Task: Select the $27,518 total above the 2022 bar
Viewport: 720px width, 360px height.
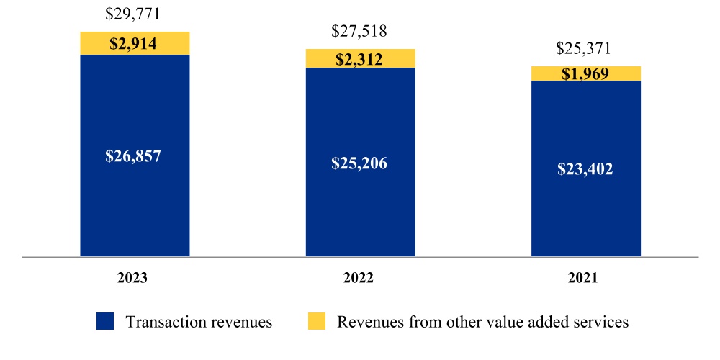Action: [360, 32]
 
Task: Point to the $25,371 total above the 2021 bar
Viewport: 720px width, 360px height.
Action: [585, 49]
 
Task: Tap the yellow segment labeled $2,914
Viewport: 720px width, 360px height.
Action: [135, 43]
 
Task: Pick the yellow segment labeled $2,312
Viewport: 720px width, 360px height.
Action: [360, 59]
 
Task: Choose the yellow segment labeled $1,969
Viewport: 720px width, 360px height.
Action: [585, 73]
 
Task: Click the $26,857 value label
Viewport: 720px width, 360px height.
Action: [135, 156]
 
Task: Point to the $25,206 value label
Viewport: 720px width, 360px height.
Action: [360, 163]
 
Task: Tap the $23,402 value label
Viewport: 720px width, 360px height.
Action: [585, 170]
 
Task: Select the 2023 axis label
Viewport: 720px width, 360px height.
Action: [135, 278]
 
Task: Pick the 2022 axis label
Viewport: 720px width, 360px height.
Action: [360, 278]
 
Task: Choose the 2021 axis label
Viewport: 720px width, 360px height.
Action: [585, 278]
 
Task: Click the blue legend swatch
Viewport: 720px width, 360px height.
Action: [105, 321]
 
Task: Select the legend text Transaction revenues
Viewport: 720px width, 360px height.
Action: [199, 322]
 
